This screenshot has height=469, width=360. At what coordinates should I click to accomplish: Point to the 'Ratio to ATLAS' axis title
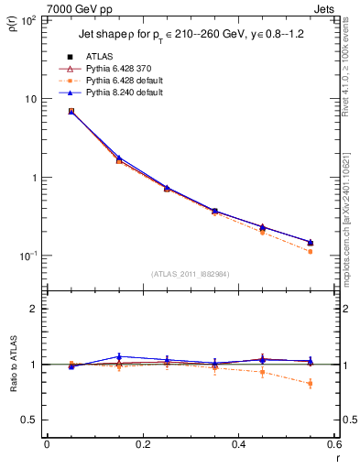(x=12, y=364)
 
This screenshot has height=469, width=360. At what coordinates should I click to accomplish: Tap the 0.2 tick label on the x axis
(x=142, y=445)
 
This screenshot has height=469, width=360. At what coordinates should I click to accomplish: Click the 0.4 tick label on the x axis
(x=238, y=445)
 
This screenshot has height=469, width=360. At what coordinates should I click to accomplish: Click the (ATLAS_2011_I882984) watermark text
(x=191, y=274)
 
